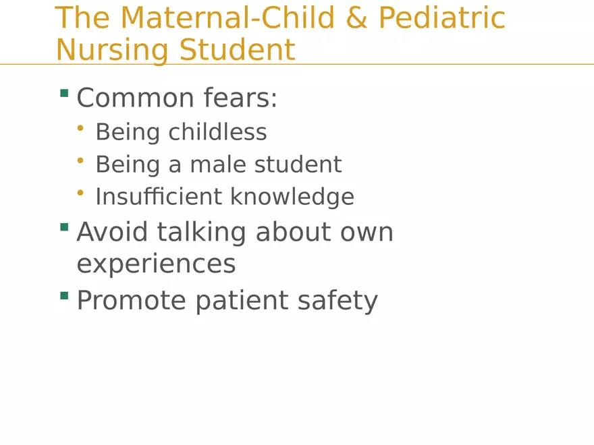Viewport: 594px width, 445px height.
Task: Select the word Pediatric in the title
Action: [x=442, y=18]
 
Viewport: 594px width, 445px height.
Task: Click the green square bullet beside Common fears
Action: [x=64, y=93]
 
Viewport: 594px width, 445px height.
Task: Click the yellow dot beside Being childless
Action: [x=80, y=126]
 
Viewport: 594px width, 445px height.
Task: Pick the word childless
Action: [x=217, y=131]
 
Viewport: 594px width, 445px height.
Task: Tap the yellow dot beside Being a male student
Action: [x=80, y=159]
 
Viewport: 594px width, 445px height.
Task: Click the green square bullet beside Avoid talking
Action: [x=64, y=227]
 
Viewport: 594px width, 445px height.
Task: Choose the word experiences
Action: [x=156, y=264]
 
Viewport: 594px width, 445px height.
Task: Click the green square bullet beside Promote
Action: [x=64, y=295]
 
